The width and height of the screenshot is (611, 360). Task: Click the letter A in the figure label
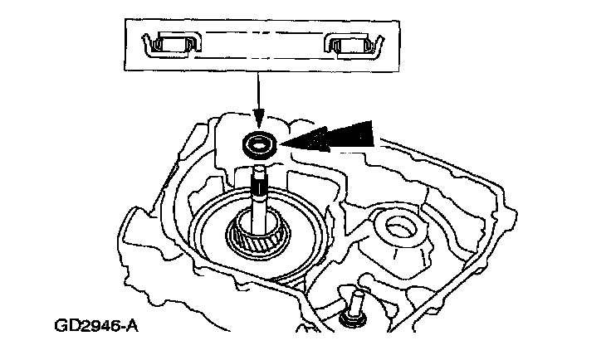coord(131,324)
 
